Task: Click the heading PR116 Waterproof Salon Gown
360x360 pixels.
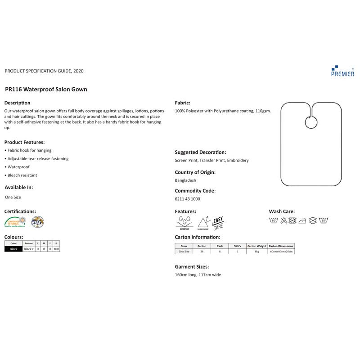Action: tap(46, 89)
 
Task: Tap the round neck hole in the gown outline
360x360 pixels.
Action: tap(310, 121)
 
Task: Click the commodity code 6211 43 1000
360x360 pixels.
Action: tap(187, 199)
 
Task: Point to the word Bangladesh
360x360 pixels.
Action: tap(185, 180)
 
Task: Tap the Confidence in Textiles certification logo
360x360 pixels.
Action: tap(14, 221)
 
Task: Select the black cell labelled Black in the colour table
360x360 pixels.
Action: tap(13, 249)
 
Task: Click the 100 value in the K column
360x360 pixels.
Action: tap(56, 249)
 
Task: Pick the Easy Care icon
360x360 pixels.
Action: tap(218, 222)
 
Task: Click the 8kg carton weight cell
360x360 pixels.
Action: tap(257, 252)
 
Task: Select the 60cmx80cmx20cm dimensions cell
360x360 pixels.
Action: tap(281, 252)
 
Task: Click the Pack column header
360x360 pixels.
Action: tap(220, 246)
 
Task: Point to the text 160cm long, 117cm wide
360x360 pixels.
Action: tap(198, 274)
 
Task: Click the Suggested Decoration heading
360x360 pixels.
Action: tap(200, 152)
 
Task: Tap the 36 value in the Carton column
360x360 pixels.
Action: tap(202, 252)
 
